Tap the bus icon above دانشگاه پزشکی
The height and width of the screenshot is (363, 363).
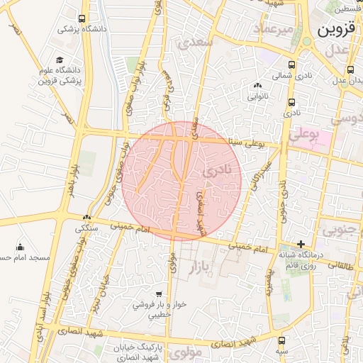(x=83, y=18)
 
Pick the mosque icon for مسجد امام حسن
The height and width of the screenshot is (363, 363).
(x=20, y=247)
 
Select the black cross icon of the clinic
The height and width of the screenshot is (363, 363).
(x=301, y=245)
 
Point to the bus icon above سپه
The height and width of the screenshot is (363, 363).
(x=282, y=340)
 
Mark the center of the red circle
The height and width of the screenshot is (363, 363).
(x=182, y=181)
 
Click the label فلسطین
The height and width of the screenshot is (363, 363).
(x=351, y=9)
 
